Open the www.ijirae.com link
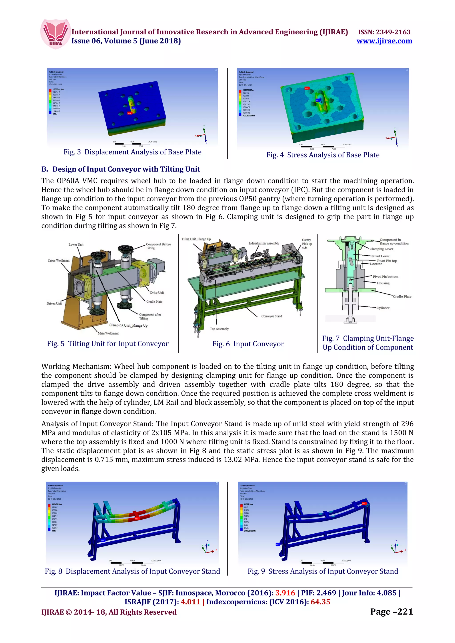click(384, 41)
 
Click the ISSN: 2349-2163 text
click(384, 32)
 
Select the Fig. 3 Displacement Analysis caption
click(132, 152)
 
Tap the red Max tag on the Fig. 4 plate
click(306, 88)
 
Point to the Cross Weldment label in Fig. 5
click(58, 260)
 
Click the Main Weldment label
click(108, 333)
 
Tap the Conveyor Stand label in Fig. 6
click(271, 316)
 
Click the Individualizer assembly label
click(264, 243)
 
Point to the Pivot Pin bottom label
click(385, 276)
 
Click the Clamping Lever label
click(381, 249)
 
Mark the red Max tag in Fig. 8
click(137, 519)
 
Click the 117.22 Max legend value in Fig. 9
click(248, 504)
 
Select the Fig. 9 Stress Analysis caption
click(323, 571)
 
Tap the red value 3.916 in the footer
click(285, 593)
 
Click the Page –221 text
click(391, 612)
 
